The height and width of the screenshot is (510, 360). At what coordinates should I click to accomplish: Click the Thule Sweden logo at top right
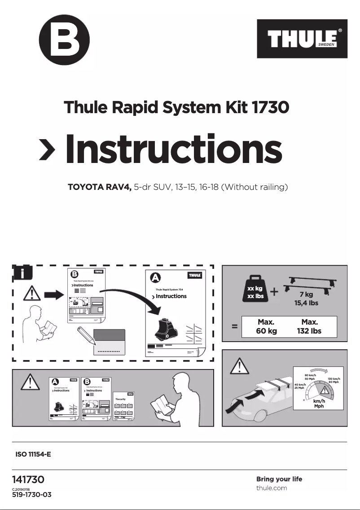pyautogui.click(x=302, y=39)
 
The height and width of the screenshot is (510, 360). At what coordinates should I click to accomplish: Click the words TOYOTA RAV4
pyautogui.click(x=99, y=187)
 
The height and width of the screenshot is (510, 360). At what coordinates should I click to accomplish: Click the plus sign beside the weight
pyautogui.click(x=274, y=292)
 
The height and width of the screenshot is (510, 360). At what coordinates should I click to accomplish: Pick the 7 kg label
pyautogui.click(x=307, y=295)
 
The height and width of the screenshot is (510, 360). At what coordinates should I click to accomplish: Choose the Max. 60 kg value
pyautogui.click(x=266, y=326)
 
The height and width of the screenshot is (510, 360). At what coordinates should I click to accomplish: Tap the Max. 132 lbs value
pyautogui.click(x=310, y=326)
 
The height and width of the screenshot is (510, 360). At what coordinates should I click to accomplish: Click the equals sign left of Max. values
pyautogui.click(x=234, y=327)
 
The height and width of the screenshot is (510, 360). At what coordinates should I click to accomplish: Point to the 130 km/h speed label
pyautogui.click(x=334, y=379)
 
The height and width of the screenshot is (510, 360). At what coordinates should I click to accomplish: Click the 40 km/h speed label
pyautogui.click(x=300, y=385)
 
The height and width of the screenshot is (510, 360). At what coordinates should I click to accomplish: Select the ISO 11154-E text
pyautogui.click(x=33, y=454)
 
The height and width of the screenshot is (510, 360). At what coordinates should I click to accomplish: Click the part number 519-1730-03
pyautogui.click(x=32, y=495)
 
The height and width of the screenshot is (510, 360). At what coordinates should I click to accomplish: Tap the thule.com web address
pyautogui.click(x=272, y=488)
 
